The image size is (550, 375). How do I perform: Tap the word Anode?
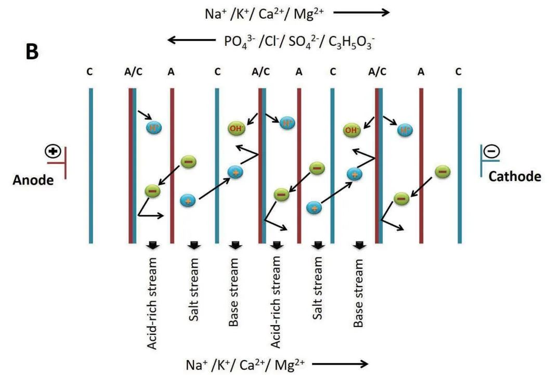[x=33, y=180]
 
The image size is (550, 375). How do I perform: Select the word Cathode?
[x=514, y=176]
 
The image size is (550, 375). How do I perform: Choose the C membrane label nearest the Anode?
[x=90, y=71]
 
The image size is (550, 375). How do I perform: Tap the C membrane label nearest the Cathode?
[x=459, y=71]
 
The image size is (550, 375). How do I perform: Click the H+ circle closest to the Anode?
[x=154, y=127]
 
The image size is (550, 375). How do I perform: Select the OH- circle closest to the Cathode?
[x=351, y=130]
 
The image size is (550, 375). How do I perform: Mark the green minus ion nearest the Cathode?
[x=442, y=171]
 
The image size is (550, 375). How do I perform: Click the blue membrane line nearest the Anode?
[x=90, y=165]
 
